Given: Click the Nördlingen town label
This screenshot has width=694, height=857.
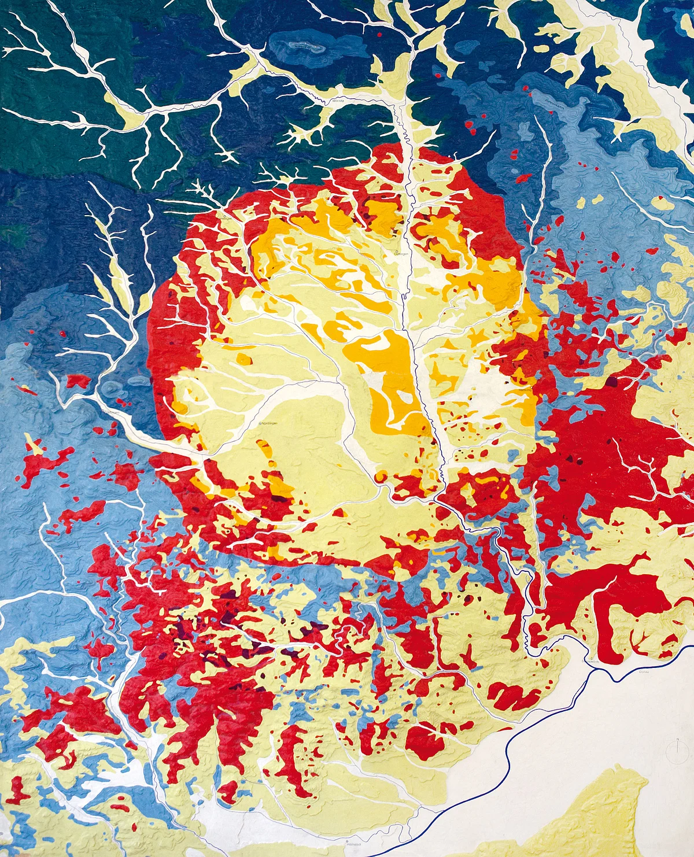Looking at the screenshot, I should [x=270, y=423].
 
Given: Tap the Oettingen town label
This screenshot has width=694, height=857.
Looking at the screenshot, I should [x=403, y=254].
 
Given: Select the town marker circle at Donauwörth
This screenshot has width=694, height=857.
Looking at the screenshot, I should [x=582, y=660].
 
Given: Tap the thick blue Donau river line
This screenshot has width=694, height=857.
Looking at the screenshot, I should [x=509, y=752].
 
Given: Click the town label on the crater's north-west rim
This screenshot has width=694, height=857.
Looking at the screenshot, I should [x=227, y=218].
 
